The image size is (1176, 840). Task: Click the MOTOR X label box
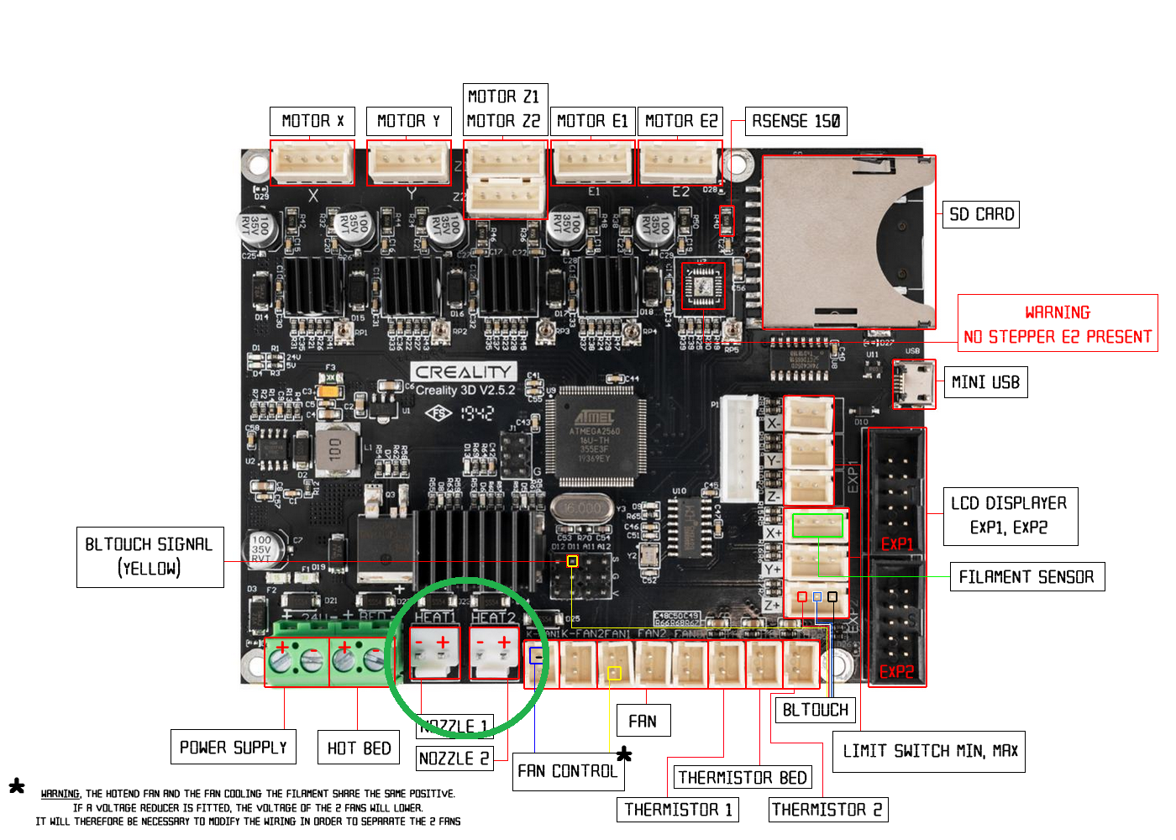(312, 121)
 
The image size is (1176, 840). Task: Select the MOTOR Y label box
(408, 121)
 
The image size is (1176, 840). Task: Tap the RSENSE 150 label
(795, 121)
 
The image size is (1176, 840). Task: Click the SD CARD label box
(981, 214)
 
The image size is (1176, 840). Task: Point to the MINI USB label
(985, 382)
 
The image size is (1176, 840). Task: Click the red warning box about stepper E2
(1058, 323)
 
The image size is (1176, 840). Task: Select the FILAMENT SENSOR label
(1026, 577)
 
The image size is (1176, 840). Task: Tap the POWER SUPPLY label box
(234, 747)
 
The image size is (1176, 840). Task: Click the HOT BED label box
(359, 748)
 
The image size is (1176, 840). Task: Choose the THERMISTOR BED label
(743, 778)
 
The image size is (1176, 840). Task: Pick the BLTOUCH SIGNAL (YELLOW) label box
(150, 556)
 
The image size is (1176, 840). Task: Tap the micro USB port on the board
(914, 384)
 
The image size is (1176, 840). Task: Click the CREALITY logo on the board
(464, 371)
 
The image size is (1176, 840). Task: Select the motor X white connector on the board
(312, 161)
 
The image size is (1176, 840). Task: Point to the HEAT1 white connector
(434, 653)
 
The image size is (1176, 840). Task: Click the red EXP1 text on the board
(897, 543)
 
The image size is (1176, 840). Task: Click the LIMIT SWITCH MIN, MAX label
(929, 751)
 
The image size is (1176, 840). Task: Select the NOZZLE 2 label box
(454, 759)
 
